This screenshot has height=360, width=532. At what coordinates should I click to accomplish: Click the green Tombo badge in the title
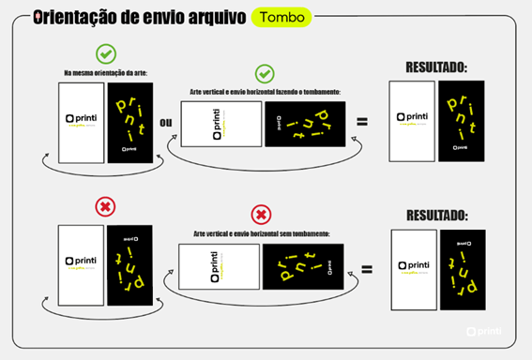pos(282,17)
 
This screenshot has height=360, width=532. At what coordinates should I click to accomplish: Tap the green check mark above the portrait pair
pos(105,53)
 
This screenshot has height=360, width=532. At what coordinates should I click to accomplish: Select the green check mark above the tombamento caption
pos(265,72)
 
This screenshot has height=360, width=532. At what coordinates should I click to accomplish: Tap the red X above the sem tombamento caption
pos(262,214)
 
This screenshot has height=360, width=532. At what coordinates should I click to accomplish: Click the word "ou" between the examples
pos(166,122)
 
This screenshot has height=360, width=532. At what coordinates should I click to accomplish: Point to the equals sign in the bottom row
pos(366,268)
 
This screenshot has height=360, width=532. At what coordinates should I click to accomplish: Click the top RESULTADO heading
pos(436,67)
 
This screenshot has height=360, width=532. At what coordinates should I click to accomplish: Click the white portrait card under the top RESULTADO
pos(411,121)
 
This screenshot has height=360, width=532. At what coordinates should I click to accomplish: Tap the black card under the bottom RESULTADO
pos(463,269)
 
